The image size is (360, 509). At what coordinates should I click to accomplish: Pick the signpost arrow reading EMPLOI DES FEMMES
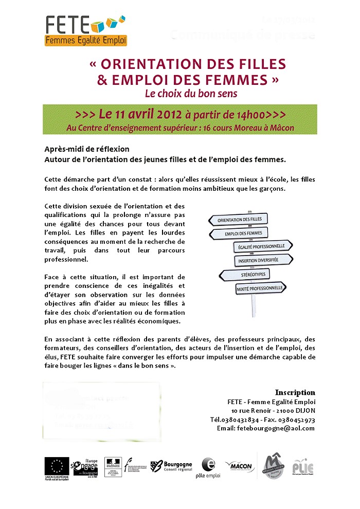239,234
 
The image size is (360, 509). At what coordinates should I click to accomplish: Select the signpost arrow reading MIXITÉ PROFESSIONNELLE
259,289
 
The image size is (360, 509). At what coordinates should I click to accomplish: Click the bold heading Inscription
295,392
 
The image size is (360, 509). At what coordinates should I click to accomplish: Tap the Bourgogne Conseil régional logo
171,466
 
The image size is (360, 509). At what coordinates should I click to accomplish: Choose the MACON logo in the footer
240,466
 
